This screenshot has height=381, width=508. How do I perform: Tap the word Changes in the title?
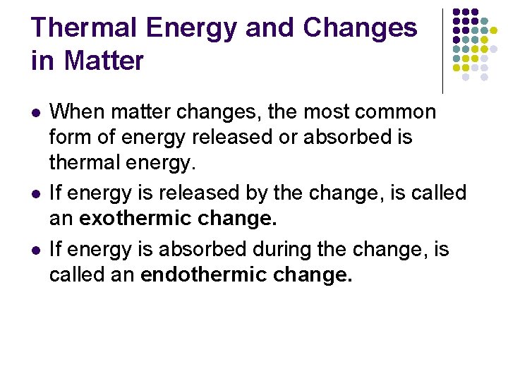[360, 28]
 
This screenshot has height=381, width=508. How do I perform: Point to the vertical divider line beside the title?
[442, 49]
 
